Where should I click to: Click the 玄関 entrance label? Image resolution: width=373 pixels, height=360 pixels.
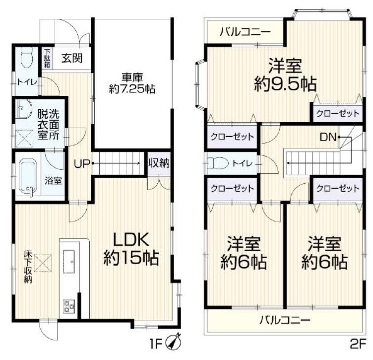pyautogui.click(x=72, y=57)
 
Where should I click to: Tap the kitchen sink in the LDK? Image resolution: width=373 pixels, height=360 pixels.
pyautogui.click(x=68, y=257)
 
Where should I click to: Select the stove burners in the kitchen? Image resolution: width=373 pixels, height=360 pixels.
pyautogui.click(x=68, y=306)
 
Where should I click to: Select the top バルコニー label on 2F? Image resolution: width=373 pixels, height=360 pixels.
pyautogui.click(x=246, y=32)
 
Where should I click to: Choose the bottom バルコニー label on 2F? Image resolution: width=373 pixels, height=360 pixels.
pyautogui.click(x=285, y=320)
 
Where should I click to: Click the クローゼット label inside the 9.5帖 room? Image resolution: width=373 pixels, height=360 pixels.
pyautogui.click(x=336, y=113)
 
